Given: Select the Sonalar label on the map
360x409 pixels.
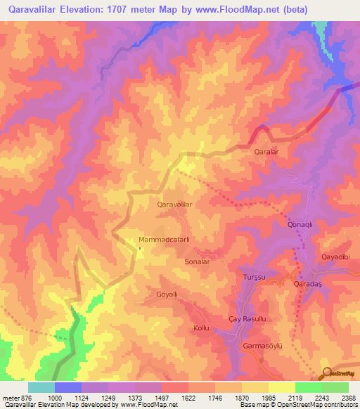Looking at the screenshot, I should [197, 261].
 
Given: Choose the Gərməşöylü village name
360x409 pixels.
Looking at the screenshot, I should [262, 345].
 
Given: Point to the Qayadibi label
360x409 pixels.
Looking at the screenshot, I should [335, 257].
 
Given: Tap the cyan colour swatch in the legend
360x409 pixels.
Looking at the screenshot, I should [41, 387].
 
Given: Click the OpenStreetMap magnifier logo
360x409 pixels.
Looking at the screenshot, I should [327, 373].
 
